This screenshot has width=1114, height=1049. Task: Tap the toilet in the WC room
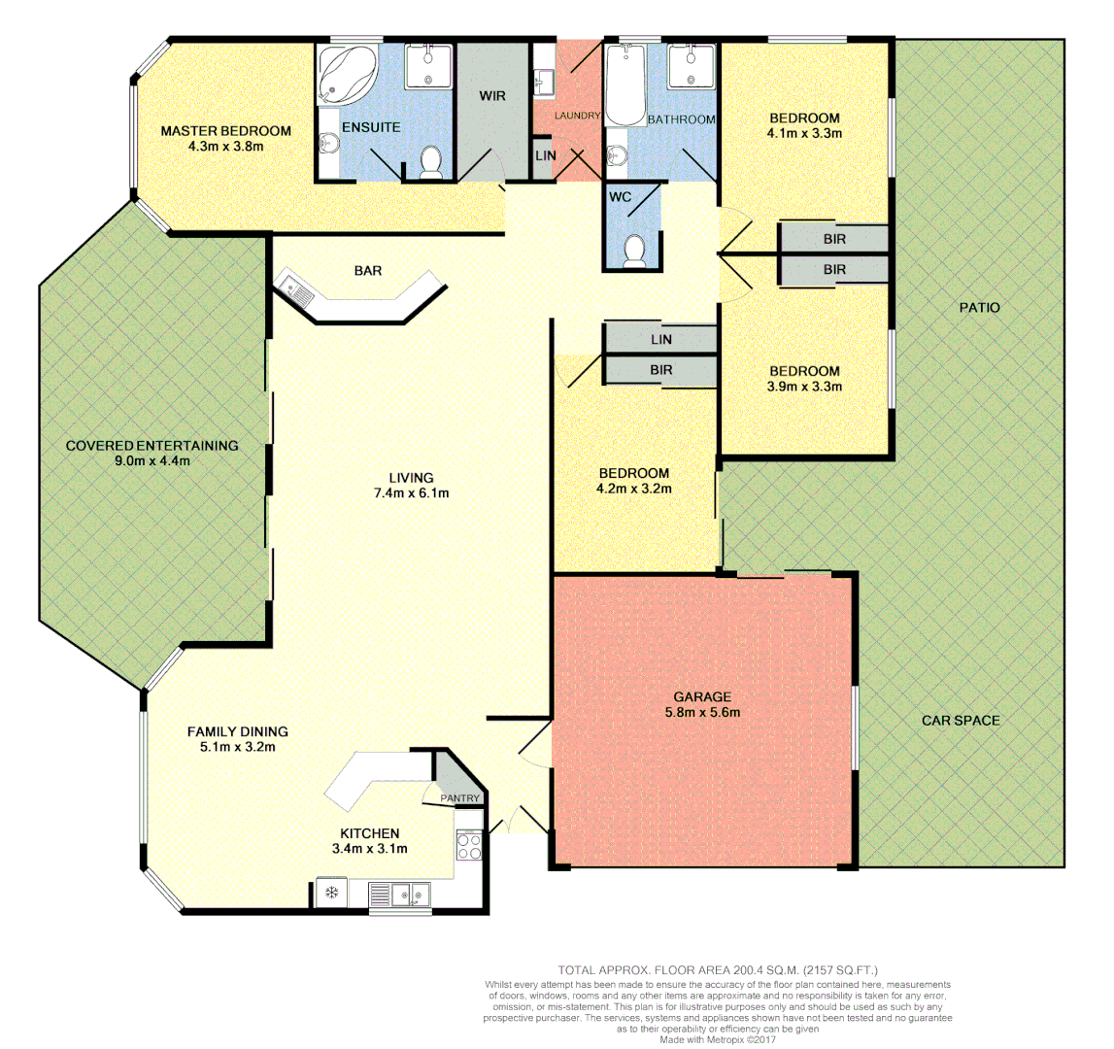635,251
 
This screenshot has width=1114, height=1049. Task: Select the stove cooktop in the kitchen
469,846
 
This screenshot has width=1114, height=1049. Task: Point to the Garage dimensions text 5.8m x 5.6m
701,712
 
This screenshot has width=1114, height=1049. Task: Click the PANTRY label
459,798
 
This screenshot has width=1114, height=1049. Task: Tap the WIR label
492,96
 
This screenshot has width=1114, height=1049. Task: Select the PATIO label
979,307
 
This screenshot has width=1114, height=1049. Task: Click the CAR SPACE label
961,720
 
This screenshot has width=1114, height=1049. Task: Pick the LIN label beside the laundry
545,155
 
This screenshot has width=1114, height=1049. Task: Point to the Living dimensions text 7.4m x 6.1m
411,492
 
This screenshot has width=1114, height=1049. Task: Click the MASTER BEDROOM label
225,131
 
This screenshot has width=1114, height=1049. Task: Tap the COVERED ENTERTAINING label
152,446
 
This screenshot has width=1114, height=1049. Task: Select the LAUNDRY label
577,116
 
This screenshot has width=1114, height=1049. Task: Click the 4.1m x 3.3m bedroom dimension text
803,134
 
